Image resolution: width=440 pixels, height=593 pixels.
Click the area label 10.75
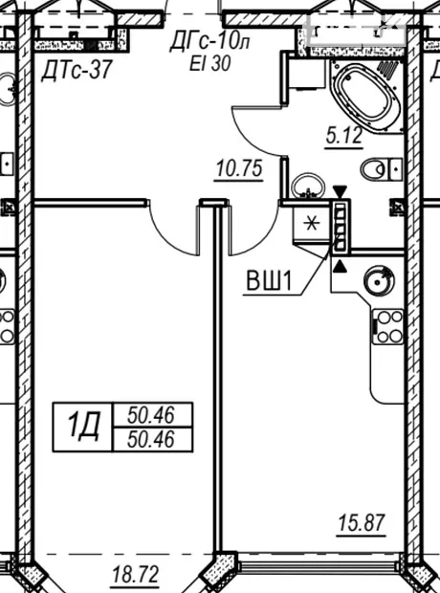pos(239,168)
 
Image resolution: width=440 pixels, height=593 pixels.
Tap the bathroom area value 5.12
pos(344,136)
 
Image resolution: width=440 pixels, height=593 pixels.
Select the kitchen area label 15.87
pos(362,522)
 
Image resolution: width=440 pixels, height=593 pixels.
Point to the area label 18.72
pos(136,575)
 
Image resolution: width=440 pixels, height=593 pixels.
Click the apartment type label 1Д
pos(83,427)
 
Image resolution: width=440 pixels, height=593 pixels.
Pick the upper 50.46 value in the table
pos(151,415)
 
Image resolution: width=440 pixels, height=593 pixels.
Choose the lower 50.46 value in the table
pos(151,439)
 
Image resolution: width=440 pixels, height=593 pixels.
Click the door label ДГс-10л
pos(209,40)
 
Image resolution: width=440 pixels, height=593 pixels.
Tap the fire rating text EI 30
pos(210,63)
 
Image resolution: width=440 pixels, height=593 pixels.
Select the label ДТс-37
pos(77,70)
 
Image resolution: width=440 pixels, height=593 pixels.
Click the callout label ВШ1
pos(269,281)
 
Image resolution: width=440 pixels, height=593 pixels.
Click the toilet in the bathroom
pos(381,169)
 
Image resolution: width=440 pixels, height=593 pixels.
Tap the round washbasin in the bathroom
pos(308,187)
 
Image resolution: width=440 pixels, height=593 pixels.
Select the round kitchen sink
pos(379,280)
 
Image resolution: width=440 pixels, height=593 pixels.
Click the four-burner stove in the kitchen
pos(387,326)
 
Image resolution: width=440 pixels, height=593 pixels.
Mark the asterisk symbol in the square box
pos(312,224)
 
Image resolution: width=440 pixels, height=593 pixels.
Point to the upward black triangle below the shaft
pos(340,266)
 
